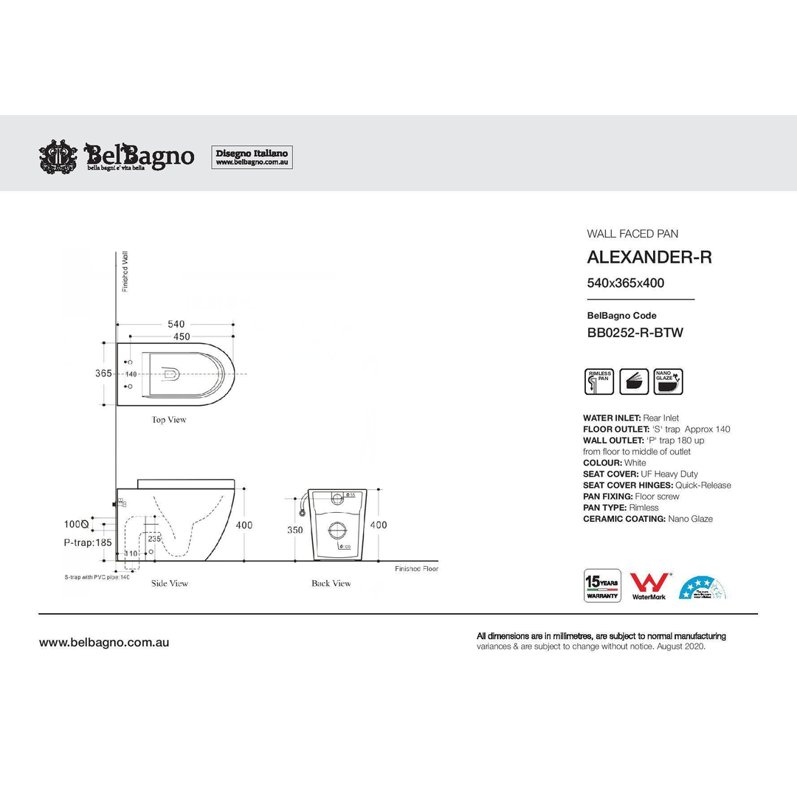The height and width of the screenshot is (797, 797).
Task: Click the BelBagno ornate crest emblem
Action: [58, 156]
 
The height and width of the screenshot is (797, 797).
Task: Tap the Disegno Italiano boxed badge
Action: [252, 157]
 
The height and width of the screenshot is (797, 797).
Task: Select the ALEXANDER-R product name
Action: [649, 258]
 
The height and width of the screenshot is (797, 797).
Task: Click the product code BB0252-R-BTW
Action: [635, 333]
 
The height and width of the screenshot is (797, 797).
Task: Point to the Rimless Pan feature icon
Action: [598, 382]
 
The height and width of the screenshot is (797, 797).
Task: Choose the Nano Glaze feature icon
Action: [668, 382]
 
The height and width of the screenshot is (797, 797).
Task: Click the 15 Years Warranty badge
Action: [602, 585]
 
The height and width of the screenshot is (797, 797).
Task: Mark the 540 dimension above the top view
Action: [176, 324]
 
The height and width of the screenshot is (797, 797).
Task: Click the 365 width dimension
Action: [103, 373]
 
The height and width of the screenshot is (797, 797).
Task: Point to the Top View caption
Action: [169, 420]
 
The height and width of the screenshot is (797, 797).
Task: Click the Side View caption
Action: [170, 584]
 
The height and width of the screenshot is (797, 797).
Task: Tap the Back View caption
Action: [331, 584]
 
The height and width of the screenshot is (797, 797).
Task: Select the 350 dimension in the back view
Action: [294, 530]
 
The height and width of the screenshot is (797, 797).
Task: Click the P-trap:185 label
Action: [89, 542]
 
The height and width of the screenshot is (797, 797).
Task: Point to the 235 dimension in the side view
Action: [154, 539]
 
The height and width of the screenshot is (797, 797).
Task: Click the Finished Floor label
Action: [416, 569]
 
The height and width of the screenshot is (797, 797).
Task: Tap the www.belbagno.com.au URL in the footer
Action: [104, 643]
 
